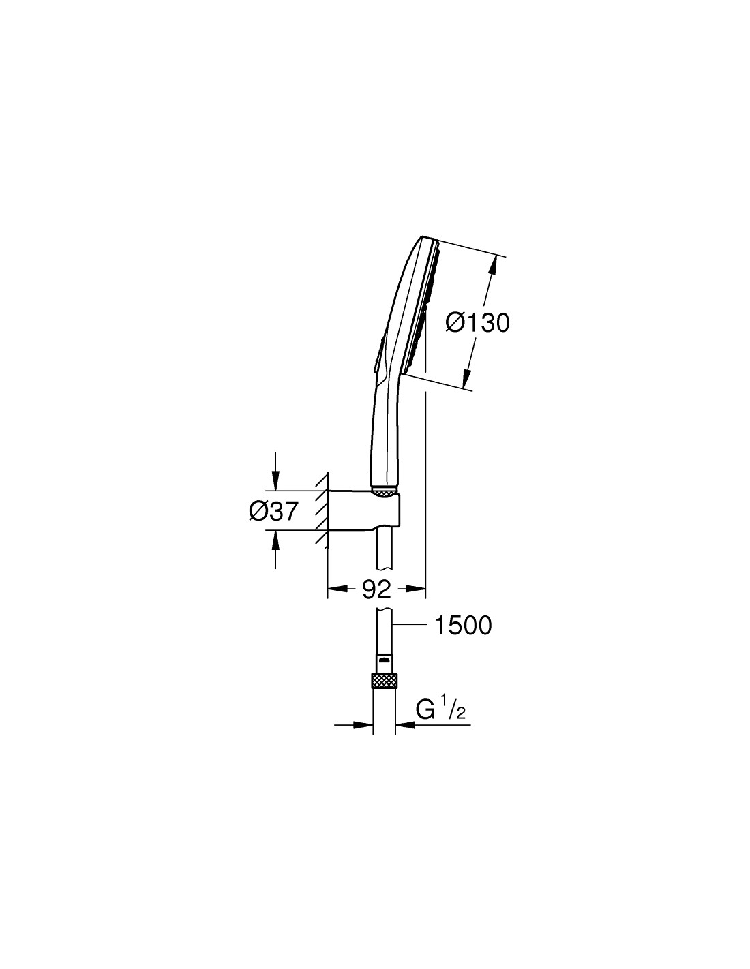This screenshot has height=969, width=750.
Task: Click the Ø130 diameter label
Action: pos(477,322)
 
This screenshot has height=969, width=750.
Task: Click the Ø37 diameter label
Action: pos(273,511)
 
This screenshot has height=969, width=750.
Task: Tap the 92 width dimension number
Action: pos(376,589)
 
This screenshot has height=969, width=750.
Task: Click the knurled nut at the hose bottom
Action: pos(383,681)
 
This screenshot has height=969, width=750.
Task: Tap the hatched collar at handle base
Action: pos(384,492)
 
